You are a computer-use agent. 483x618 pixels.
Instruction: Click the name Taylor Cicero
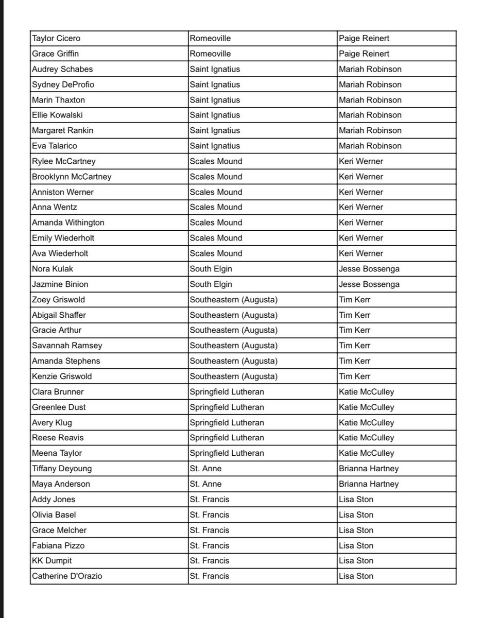point(56,39)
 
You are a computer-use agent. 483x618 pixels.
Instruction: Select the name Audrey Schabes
point(62,69)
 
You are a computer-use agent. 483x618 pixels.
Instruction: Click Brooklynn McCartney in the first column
point(72,177)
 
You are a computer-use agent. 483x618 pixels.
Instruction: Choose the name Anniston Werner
point(63,192)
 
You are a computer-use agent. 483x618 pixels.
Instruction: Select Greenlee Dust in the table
point(59,407)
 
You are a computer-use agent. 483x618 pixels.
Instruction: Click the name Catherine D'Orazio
point(67,576)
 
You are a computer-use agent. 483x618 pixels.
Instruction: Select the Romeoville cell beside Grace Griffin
point(210,54)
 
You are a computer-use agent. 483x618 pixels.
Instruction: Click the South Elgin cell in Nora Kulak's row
point(211,269)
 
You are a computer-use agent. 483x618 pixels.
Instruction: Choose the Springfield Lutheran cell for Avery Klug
point(227,422)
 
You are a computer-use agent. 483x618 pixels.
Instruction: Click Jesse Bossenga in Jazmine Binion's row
point(369,284)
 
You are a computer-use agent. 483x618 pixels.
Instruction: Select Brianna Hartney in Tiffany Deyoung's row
point(369,469)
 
